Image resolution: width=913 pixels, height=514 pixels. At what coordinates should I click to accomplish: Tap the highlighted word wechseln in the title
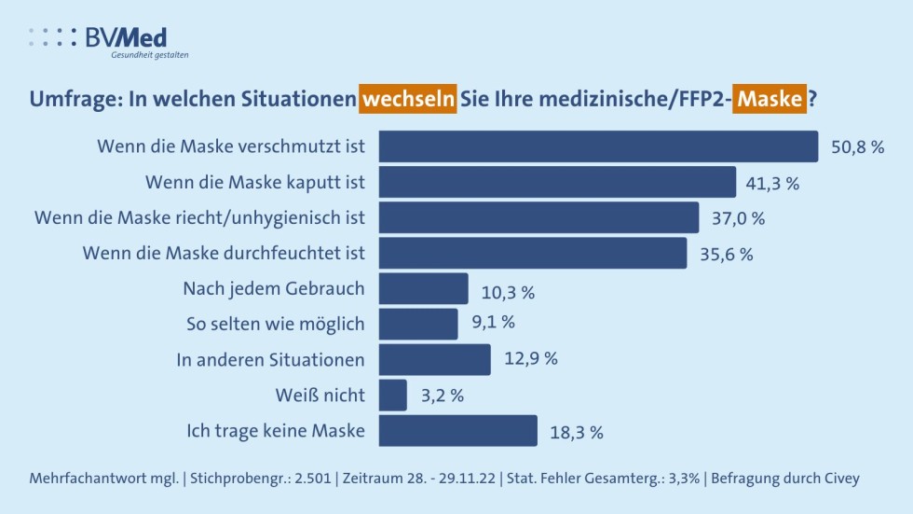(x=408, y=98)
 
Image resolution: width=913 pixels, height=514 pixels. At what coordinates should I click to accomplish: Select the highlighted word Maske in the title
(x=768, y=98)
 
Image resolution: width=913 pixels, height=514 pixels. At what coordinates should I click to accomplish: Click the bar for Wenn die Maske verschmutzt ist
(x=599, y=146)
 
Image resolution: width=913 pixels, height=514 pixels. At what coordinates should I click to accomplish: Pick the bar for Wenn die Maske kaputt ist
(x=558, y=183)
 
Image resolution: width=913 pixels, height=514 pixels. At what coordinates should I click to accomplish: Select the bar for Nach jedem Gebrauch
(x=424, y=288)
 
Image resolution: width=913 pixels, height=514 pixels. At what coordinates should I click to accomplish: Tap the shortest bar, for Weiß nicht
(x=393, y=395)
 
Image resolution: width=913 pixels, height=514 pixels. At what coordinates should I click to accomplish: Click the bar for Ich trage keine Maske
(x=458, y=431)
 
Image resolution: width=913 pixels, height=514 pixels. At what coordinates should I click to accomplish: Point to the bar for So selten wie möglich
(x=418, y=324)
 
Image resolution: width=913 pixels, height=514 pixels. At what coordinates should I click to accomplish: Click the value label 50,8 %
(x=856, y=147)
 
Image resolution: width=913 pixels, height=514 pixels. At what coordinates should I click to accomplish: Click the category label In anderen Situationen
(x=271, y=359)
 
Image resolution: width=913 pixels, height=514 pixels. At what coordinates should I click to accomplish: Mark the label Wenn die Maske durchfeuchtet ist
(x=224, y=253)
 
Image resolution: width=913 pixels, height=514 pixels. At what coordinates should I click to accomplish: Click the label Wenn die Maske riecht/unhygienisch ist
(x=199, y=217)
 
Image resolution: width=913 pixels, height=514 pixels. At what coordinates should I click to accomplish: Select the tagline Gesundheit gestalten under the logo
(x=150, y=55)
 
